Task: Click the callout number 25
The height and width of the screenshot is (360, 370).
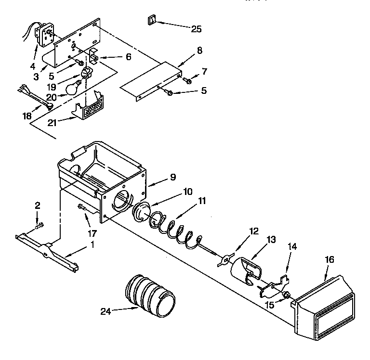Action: pyautogui.click(x=197, y=29)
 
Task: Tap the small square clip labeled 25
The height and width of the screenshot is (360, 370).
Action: pyautogui.click(x=151, y=21)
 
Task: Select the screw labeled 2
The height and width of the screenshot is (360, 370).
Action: pyautogui.click(x=39, y=225)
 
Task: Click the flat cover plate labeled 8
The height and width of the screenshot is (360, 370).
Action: pyautogui.click(x=151, y=78)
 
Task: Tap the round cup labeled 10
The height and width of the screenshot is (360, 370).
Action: pyautogui.click(x=143, y=212)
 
